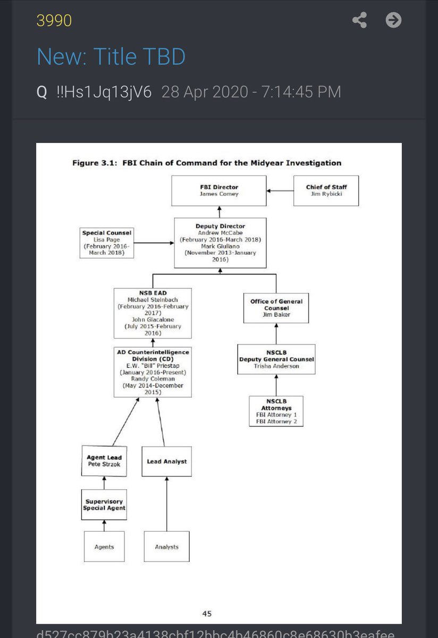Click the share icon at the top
(x=360, y=20)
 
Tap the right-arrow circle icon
(x=393, y=20)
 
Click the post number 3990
(x=54, y=20)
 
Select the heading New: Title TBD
(x=111, y=56)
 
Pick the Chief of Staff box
(x=326, y=191)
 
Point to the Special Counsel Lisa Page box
(x=107, y=243)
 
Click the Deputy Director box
(x=220, y=243)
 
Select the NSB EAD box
(x=153, y=313)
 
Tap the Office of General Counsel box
(x=276, y=308)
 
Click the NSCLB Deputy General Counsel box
(x=276, y=359)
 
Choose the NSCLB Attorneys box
(x=276, y=411)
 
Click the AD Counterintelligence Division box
(x=153, y=372)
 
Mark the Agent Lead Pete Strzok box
(x=104, y=460)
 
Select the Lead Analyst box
(x=166, y=461)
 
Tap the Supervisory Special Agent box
(x=104, y=505)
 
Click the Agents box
(x=104, y=546)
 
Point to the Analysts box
(x=166, y=546)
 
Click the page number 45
(x=207, y=613)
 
